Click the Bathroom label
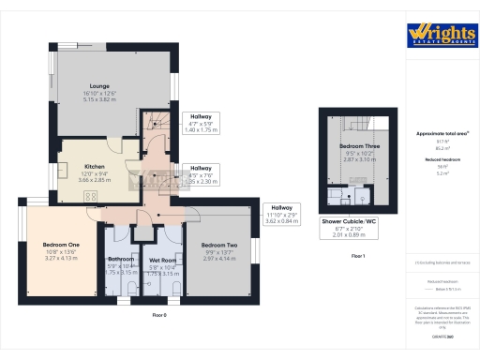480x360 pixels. point(122,259)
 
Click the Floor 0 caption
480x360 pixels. point(158,315)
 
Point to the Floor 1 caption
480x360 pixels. point(357,255)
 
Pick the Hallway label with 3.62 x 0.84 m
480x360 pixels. point(282,207)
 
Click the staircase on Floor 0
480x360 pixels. point(152,119)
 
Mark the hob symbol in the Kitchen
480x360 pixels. point(91,196)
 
